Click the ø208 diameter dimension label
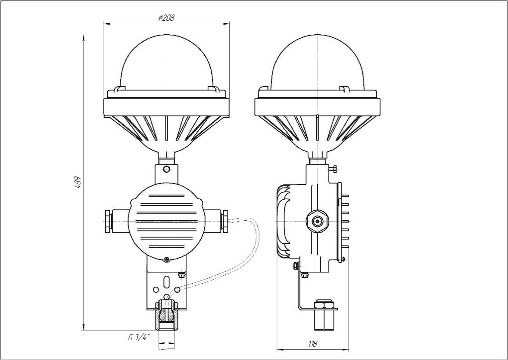(x=166, y=18)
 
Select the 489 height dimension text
(x=77, y=183)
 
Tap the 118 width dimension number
(x=312, y=344)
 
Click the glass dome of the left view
(x=166, y=61)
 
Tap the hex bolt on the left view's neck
(x=166, y=169)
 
